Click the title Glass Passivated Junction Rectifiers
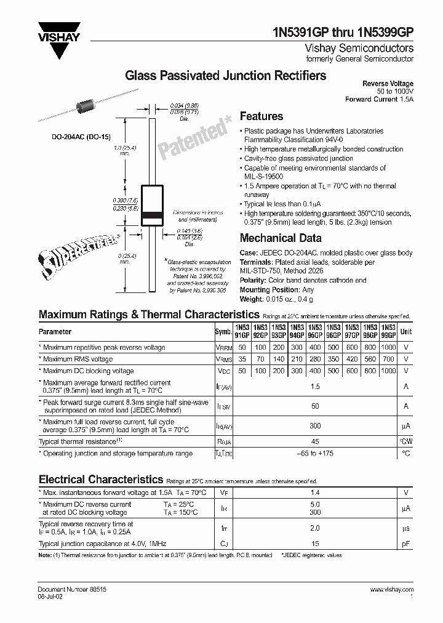pos(226,76)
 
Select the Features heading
pos(261,116)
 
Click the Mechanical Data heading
pos(280,238)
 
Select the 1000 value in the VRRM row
pos(388,347)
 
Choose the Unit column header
pos(405,331)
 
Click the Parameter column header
pos(55,331)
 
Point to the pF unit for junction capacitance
pos(405,544)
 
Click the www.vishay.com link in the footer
pos(391,589)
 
